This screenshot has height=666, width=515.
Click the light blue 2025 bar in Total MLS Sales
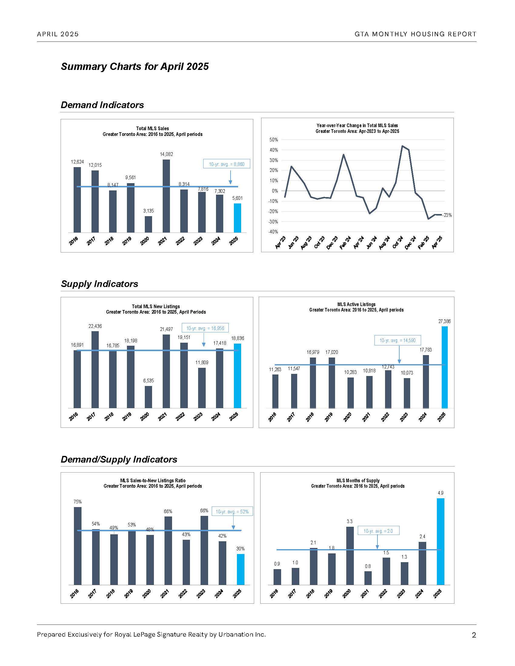point(238,218)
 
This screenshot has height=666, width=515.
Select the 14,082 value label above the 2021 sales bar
point(166,154)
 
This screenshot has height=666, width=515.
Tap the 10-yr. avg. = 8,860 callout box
point(227,164)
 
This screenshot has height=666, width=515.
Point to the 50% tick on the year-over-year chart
point(274,140)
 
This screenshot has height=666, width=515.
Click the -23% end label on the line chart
point(447,215)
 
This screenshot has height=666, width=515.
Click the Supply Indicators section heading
point(99,284)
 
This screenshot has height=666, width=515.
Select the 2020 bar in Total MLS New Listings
point(148,397)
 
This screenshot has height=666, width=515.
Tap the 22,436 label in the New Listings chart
point(95,326)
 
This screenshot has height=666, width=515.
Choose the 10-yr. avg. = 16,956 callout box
point(205,328)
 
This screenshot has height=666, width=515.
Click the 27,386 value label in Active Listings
point(444,321)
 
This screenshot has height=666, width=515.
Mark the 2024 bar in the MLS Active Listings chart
point(426,381)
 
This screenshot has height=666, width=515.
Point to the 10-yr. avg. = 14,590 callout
point(397,340)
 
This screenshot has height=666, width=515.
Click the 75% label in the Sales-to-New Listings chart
point(78,502)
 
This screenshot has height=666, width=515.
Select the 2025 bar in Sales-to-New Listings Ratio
point(241,569)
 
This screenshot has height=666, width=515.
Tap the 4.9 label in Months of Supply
point(440,493)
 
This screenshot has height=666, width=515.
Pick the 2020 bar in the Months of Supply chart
point(350,556)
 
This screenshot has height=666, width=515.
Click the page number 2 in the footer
point(474,635)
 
